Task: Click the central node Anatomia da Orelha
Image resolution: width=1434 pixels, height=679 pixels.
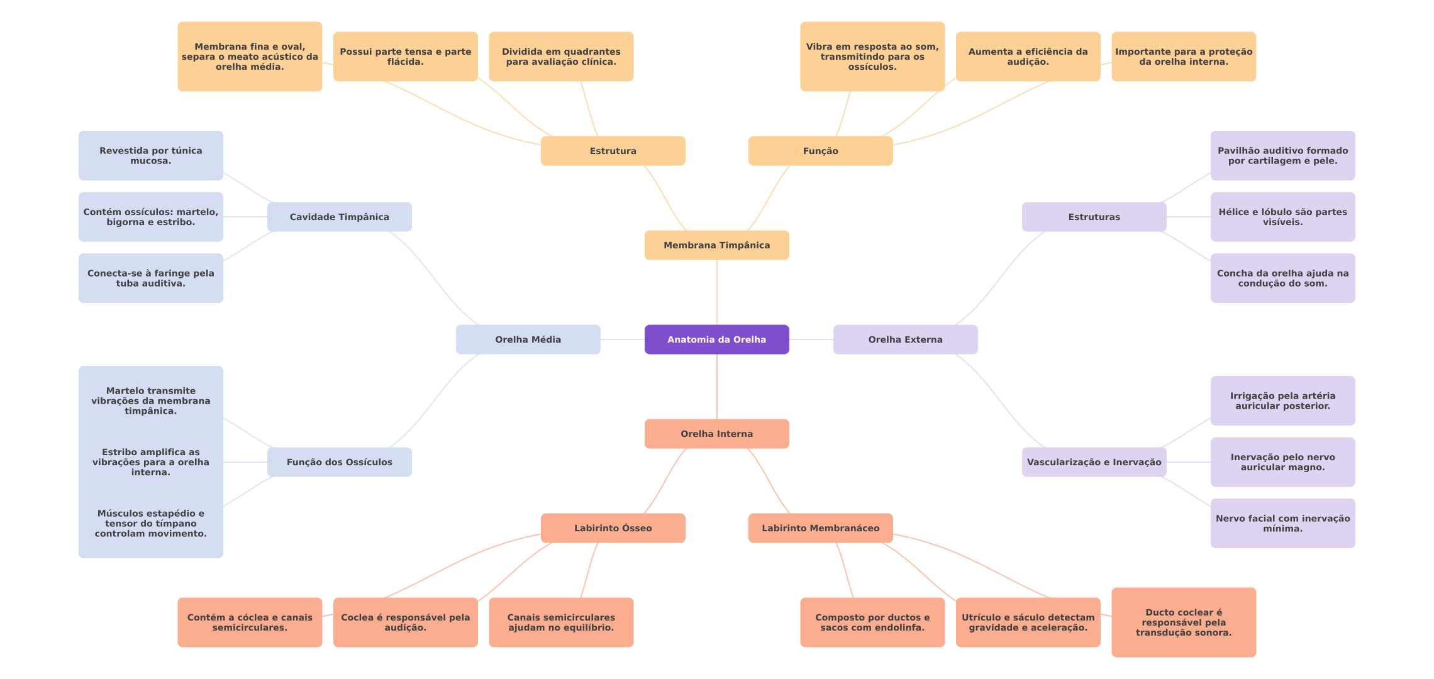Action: [x=716, y=339]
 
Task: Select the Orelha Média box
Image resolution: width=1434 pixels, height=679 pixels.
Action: [x=528, y=339]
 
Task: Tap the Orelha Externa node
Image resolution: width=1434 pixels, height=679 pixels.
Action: [x=905, y=339]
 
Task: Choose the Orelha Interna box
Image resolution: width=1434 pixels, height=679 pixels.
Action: [x=716, y=434]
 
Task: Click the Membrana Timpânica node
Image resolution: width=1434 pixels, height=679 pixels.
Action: [x=716, y=245]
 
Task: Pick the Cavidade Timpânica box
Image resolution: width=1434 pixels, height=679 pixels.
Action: [x=339, y=217]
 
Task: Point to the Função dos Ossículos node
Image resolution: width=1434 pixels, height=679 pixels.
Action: [x=339, y=462]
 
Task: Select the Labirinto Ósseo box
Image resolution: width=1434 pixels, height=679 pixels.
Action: [x=613, y=528]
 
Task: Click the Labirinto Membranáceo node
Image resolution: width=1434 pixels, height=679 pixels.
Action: [x=820, y=528]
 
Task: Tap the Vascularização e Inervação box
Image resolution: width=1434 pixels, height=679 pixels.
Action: [x=1094, y=462]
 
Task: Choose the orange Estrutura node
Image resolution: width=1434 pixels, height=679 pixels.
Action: [x=613, y=151]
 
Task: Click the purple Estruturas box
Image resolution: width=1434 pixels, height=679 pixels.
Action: [x=1094, y=217]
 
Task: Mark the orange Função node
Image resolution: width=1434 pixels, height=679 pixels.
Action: [x=820, y=151]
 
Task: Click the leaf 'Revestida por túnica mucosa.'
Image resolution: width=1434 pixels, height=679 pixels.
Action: [x=150, y=156]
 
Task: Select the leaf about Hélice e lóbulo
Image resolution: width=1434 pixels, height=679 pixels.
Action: [x=1282, y=217]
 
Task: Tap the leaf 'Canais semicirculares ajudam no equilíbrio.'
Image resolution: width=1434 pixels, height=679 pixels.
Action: [x=561, y=622]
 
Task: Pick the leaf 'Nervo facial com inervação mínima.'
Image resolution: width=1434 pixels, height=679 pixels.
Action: [x=1282, y=524]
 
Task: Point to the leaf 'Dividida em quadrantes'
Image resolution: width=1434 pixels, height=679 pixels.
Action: [x=561, y=57]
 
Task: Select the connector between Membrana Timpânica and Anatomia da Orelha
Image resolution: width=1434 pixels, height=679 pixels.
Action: [x=717, y=292]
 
